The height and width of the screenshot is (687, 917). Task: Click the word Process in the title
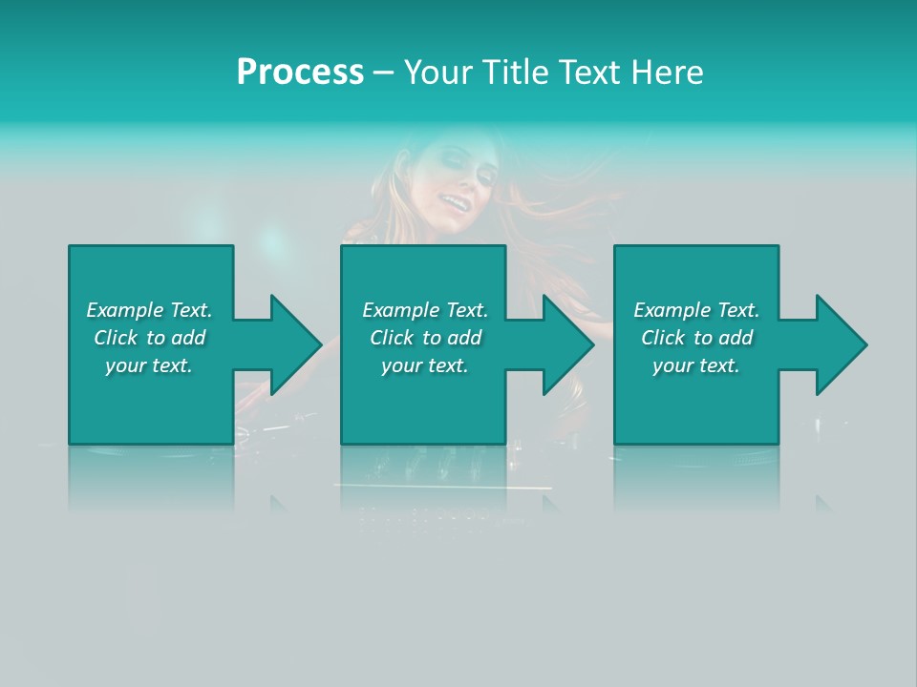300,73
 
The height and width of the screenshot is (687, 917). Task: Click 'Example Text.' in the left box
149,310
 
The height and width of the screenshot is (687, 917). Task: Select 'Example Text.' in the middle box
425,310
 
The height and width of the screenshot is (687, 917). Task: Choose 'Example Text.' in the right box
696,310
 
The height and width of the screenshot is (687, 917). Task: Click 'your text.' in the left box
149,365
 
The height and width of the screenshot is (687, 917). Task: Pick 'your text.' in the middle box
425,365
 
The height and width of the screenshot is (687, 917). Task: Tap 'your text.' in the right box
696,365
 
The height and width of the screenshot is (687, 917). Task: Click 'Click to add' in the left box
149,338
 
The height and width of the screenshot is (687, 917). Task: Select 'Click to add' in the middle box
425,338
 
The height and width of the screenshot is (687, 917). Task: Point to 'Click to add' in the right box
696,338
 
